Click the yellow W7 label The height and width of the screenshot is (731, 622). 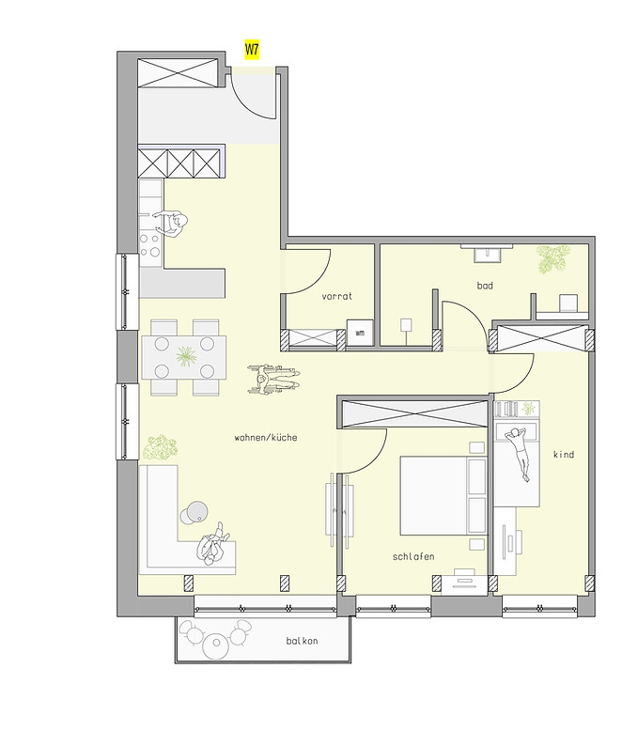(252, 48)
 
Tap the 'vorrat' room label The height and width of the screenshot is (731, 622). (336, 296)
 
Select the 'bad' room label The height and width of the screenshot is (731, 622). (485, 285)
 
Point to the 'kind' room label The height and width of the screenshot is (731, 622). (564, 455)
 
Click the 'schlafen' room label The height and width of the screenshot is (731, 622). (413, 557)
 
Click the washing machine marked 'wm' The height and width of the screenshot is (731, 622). (359, 332)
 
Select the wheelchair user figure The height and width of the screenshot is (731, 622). (274, 379)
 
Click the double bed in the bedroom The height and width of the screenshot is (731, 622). (442, 496)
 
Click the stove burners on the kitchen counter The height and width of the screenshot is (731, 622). (150, 245)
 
